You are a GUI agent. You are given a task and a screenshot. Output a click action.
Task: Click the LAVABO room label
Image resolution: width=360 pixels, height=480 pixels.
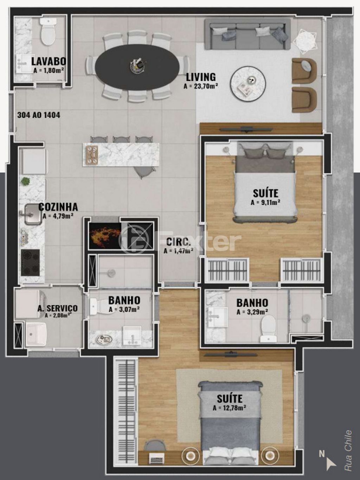[x=48, y=61]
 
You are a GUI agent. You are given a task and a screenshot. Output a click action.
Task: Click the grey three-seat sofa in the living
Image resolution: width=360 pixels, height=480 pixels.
[x=248, y=34]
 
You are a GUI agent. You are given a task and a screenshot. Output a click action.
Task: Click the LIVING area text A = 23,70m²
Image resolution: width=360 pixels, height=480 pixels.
[x=201, y=86]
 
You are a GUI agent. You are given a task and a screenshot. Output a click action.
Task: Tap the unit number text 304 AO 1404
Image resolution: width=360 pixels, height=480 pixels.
[x=39, y=115]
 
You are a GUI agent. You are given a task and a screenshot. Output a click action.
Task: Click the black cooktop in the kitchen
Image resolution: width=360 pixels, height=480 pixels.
[x=30, y=262]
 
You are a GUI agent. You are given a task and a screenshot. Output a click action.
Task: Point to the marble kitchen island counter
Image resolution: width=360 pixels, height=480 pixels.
[x=121, y=154]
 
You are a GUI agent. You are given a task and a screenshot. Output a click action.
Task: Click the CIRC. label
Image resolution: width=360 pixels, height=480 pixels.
[x=179, y=242]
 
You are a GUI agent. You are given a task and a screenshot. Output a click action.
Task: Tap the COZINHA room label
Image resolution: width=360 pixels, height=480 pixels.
[x=58, y=207]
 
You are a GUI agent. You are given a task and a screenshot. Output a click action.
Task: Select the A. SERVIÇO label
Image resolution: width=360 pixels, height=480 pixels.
[x=57, y=308]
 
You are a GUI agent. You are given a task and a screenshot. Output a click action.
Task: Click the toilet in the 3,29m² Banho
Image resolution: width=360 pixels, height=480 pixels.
[x=269, y=328]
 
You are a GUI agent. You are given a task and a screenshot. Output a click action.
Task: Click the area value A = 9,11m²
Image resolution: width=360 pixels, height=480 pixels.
[x=265, y=202]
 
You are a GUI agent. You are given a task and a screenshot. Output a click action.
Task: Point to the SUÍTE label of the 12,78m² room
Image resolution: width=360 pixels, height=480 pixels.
[x=229, y=398]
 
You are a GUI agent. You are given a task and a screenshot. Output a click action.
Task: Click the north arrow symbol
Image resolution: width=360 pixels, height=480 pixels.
[x=330, y=463]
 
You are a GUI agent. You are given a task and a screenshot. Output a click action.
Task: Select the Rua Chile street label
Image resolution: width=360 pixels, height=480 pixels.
[x=348, y=450]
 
